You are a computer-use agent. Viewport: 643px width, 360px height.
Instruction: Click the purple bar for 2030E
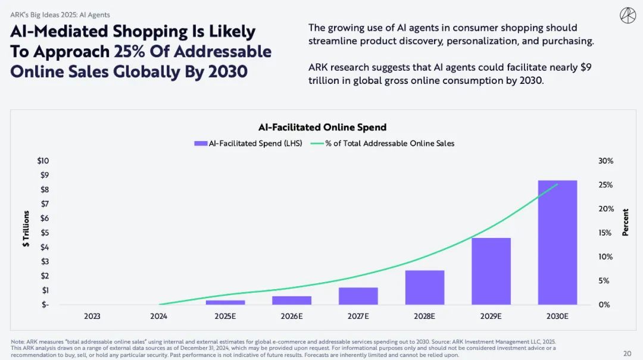pos(557,242)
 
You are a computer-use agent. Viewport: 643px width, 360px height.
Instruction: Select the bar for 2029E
pos(491,271)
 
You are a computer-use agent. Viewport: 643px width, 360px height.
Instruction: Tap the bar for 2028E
pos(425,287)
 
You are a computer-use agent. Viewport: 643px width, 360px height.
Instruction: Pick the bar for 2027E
pos(358,296)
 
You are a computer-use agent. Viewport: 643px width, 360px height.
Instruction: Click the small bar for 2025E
pos(226,302)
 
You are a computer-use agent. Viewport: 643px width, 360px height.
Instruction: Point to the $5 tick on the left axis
pos(44,233)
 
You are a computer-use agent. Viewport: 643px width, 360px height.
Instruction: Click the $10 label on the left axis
pos(43,161)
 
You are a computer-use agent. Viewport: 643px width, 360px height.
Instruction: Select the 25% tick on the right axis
pos(605,185)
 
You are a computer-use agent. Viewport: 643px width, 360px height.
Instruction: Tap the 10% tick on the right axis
pos(605,256)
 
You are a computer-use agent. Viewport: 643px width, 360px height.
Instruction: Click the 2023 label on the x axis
pos(92,316)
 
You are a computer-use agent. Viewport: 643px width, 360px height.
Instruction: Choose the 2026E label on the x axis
pos(292,316)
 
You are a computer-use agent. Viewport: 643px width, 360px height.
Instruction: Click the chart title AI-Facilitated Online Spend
pos(322,127)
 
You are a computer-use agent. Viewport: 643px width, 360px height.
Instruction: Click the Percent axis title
pos(625,222)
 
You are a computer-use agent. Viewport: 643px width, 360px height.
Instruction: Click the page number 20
pos(627,353)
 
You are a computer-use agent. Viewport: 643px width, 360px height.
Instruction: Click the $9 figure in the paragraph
pos(585,67)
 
